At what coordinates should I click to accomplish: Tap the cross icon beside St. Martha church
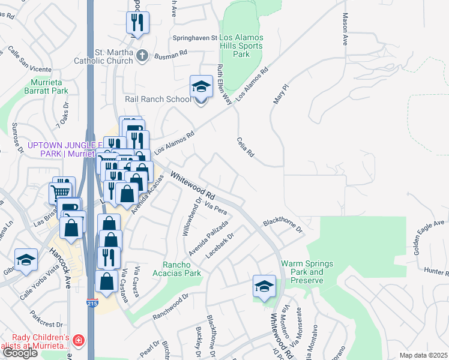point(142,56)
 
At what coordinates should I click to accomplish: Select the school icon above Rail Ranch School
point(202,86)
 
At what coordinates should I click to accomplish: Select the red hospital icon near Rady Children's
point(78,341)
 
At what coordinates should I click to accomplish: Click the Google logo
point(20,353)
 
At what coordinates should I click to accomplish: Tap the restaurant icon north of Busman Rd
point(137,23)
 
